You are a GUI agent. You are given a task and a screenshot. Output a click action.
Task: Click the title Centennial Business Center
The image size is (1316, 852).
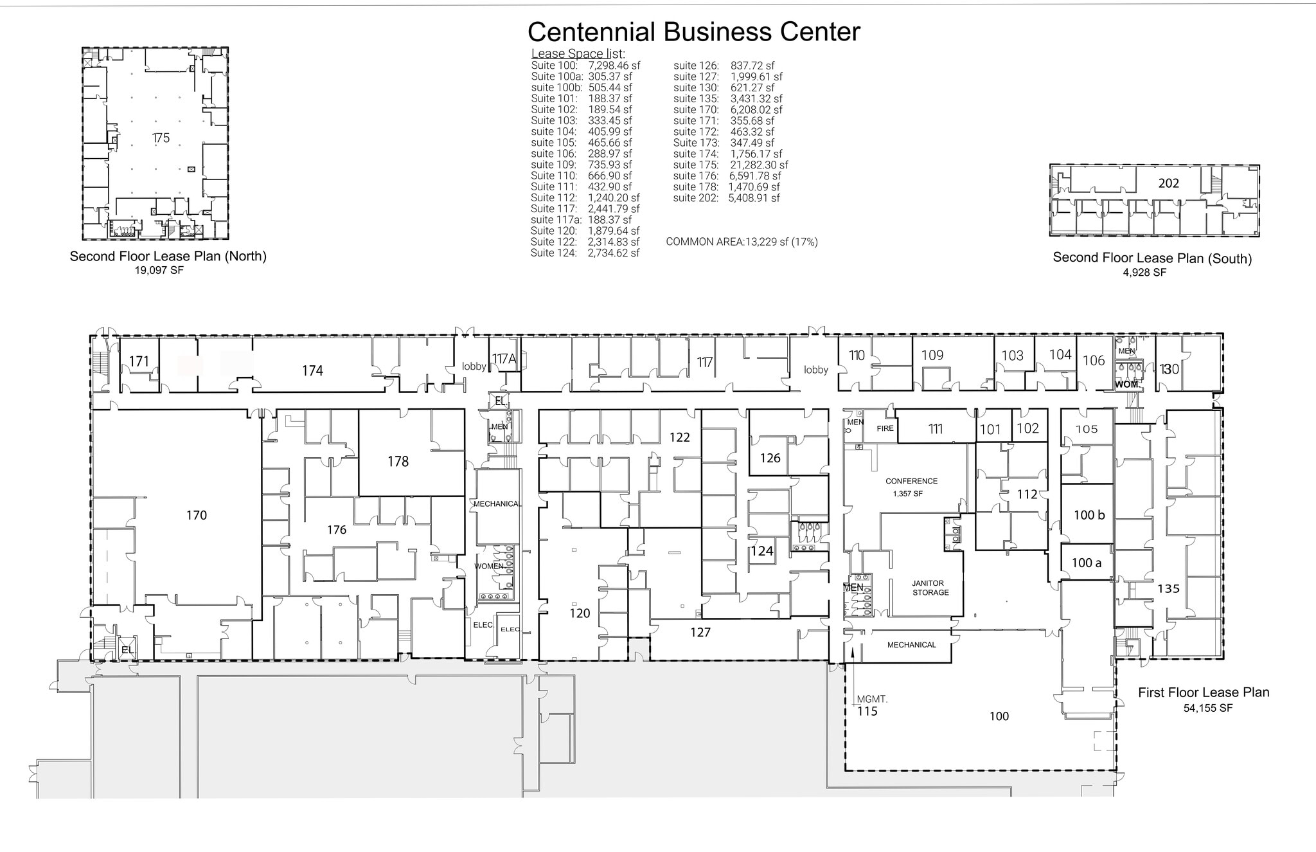click(693, 32)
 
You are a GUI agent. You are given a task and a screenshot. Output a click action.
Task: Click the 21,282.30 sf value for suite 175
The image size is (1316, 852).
click(759, 165)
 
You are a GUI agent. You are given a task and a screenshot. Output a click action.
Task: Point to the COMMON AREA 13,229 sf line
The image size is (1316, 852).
click(742, 242)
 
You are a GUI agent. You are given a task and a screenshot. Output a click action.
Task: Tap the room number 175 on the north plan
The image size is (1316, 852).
click(161, 138)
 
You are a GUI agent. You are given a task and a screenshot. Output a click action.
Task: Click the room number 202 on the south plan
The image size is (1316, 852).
click(1168, 183)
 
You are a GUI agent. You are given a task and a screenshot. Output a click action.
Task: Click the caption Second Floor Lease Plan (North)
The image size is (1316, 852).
click(168, 256)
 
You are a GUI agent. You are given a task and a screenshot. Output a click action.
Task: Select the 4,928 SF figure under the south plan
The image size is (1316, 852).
click(1144, 272)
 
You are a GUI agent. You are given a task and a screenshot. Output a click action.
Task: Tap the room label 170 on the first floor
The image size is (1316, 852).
click(197, 515)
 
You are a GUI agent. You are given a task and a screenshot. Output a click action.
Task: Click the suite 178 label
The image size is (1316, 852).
click(398, 461)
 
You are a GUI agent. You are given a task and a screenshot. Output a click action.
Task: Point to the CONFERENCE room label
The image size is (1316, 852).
click(911, 481)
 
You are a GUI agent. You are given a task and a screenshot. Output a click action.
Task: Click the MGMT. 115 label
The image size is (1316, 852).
click(869, 705)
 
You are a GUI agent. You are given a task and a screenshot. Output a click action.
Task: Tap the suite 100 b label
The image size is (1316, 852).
click(1089, 515)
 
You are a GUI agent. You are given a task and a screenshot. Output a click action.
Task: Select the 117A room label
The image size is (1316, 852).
click(504, 359)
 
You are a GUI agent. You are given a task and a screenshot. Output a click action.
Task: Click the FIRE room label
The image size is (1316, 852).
click(885, 428)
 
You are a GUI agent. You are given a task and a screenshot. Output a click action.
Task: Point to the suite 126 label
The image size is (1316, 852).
click(770, 458)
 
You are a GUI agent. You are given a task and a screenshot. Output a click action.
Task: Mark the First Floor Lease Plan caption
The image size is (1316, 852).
click(1203, 693)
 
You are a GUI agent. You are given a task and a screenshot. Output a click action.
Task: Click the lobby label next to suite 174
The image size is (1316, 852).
click(474, 367)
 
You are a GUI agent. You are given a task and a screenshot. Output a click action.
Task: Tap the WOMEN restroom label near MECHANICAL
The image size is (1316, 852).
click(488, 566)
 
